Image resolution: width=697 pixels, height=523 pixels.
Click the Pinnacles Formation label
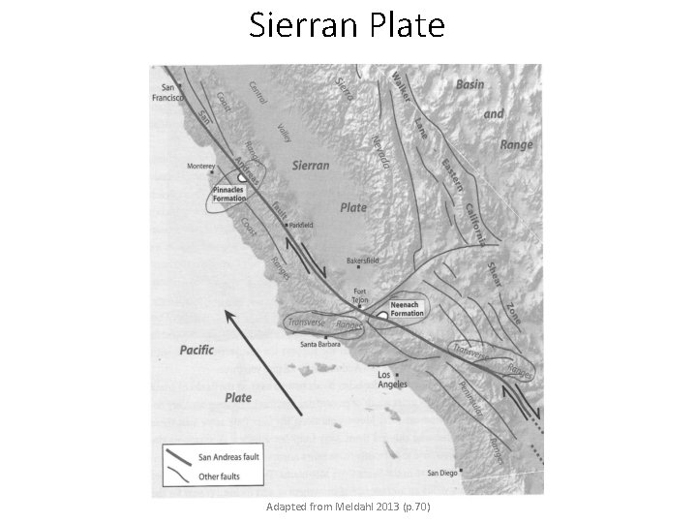coord(235,195)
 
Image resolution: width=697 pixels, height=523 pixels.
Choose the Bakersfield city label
coord(369,263)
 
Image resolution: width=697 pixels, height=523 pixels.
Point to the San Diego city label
coord(442,474)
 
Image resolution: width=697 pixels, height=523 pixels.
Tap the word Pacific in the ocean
coord(197,350)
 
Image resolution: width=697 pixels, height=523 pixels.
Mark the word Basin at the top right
coord(470,85)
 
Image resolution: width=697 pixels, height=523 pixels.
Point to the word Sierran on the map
coord(310,166)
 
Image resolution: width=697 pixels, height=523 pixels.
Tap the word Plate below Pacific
coord(238,397)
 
